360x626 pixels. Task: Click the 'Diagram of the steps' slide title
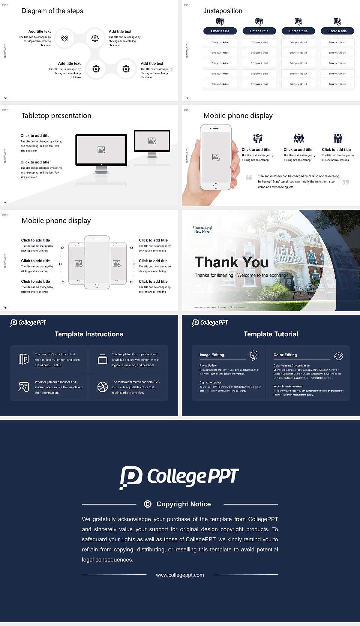52,11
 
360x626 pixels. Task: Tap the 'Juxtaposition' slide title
223,11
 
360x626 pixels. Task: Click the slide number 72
5,97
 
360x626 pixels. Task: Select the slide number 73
187,97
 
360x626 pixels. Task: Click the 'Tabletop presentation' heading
56,115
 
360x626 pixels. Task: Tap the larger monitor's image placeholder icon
101,150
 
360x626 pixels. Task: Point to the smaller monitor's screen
152,141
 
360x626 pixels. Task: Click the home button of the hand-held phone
216,186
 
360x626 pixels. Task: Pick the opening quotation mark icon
249,177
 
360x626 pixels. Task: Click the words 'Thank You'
232,262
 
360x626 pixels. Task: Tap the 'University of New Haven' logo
202,229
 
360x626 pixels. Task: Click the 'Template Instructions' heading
89,334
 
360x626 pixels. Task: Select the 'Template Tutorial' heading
271,334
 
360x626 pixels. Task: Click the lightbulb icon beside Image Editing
253,355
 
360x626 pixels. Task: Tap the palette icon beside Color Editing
338,356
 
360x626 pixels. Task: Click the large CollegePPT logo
179,477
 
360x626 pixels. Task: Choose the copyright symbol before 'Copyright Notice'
148,504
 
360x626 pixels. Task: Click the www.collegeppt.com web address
180,575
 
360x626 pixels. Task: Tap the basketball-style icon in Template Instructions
102,387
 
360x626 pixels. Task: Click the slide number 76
5,307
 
